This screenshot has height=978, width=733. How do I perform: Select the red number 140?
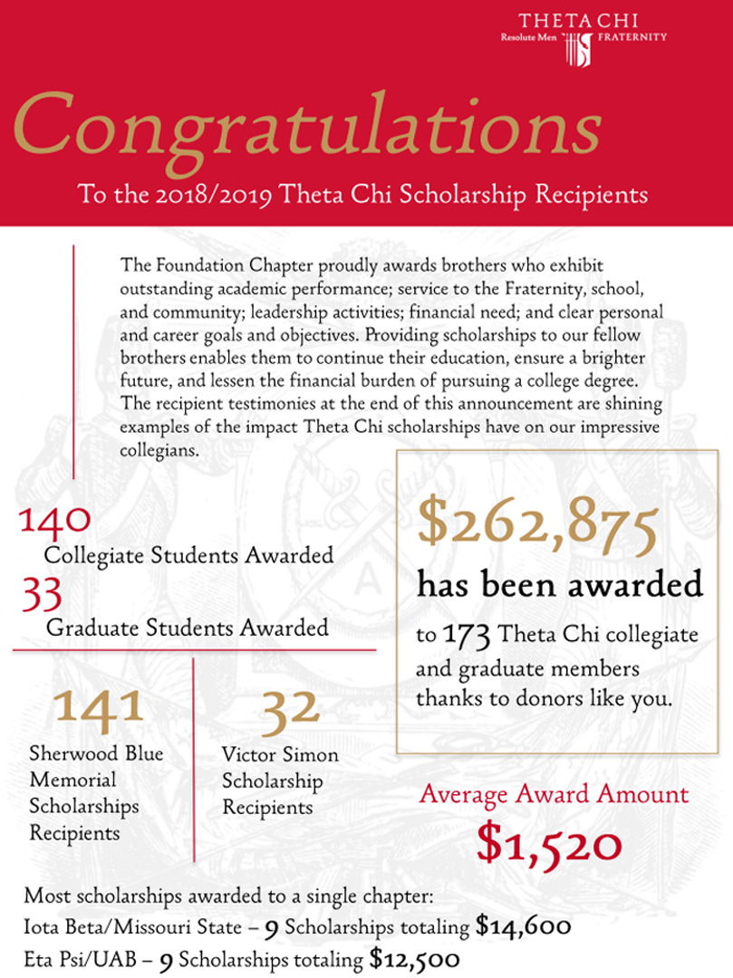tap(54, 520)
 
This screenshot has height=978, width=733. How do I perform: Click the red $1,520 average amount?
tap(549, 845)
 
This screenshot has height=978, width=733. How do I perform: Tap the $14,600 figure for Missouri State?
tap(523, 927)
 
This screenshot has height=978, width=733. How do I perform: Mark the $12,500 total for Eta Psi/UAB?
tap(415, 958)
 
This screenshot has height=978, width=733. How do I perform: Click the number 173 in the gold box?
tap(468, 636)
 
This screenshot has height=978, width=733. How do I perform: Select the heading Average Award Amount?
tap(554, 795)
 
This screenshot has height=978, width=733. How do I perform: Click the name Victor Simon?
tap(280, 754)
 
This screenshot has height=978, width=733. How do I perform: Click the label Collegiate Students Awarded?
tap(188, 555)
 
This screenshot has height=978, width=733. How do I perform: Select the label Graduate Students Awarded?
tap(187, 627)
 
